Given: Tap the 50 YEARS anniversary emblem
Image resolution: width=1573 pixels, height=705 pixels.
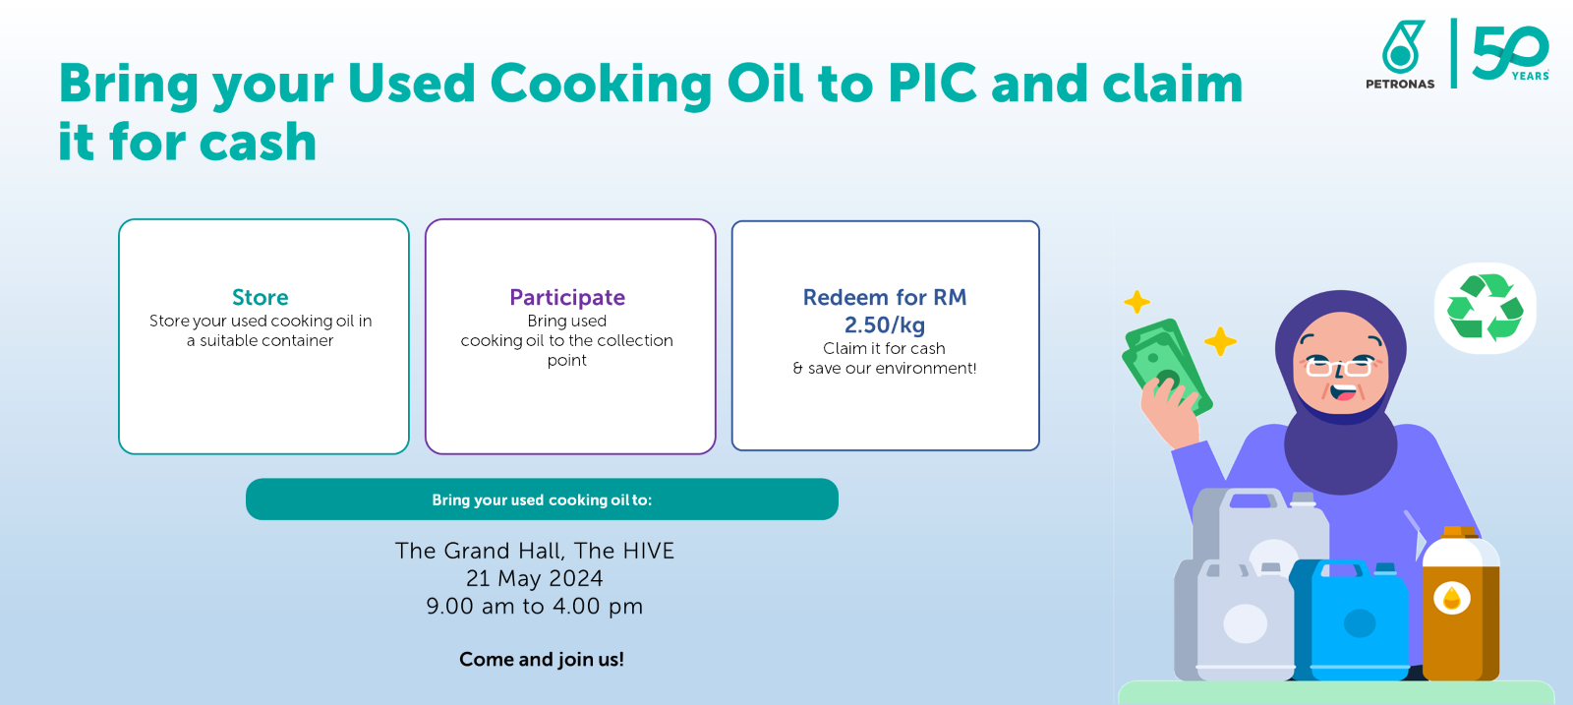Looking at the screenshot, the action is click(x=1510, y=53).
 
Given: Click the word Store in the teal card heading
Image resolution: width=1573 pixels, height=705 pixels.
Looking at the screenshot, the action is click(x=260, y=297).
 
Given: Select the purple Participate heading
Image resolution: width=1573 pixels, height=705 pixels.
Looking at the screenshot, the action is click(x=567, y=298).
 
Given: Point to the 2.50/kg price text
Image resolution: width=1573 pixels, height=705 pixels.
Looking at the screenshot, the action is click(x=885, y=325).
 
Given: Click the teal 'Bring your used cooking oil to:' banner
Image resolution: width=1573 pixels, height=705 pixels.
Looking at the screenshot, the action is click(x=542, y=499).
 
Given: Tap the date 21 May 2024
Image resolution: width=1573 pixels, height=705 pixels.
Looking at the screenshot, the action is click(x=535, y=578).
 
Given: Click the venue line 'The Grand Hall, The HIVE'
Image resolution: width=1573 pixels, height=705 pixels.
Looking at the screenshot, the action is click(x=535, y=551).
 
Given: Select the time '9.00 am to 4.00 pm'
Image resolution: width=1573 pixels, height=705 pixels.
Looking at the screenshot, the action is click(x=535, y=606).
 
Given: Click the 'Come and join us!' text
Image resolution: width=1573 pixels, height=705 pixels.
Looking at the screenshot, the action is click(x=542, y=660).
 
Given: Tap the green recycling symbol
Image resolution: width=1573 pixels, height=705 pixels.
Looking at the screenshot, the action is click(x=1486, y=307).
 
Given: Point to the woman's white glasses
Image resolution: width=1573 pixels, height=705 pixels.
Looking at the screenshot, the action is click(x=1339, y=367).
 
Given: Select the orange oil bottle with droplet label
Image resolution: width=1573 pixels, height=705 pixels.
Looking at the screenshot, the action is click(x=1461, y=604).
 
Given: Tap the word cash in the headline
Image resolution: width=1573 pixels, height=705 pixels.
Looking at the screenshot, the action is click(x=258, y=142).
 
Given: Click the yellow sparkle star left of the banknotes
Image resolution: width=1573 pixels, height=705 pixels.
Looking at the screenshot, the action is click(x=1136, y=303).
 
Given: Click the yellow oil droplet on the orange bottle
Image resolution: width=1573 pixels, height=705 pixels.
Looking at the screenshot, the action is click(x=1451, y=598).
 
